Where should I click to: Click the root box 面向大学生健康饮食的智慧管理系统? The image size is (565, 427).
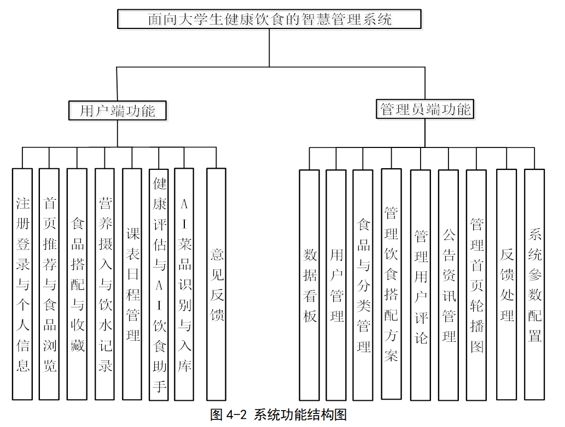click(x=269, y=19)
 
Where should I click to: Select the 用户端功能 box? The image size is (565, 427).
click(x=118, y=110)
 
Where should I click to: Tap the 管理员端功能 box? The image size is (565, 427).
click(x=425, y=109)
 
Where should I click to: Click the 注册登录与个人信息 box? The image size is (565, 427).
click(x=22, y=284)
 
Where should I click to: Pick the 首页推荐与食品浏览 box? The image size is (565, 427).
click(x=49, y=284)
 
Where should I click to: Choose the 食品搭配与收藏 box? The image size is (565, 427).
click(x=77, y=284)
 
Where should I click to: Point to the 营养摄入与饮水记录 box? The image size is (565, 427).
click(x=104, y=284)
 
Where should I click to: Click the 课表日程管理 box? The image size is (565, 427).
click(x=132, y=284)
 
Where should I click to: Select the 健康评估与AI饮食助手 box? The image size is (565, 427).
click(x=159, y=284)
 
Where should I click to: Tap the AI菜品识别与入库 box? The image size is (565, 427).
click(x=184, y=284)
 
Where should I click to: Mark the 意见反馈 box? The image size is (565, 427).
click(x=216, y=284)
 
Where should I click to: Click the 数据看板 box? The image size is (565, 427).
click(x=309, y=285)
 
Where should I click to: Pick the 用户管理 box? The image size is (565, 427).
click(x=336, y=285)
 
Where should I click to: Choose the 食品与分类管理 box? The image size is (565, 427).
click(x=363, y=285)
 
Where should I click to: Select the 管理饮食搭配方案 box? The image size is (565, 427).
click(x=391, y=284)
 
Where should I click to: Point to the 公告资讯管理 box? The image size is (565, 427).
click(x=448, y=285)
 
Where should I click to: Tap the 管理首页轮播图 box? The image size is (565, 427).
click(x=476, y=285)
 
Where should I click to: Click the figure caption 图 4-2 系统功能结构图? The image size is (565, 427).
click(x=278, y=415)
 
